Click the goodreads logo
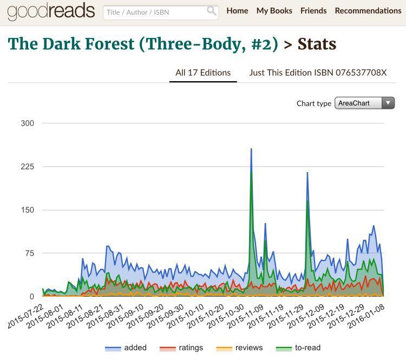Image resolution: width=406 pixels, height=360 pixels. (51, 11)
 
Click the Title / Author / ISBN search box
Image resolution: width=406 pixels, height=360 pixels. (154, 12)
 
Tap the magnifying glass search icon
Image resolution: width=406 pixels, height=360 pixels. (211, 11)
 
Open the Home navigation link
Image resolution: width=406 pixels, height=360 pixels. (237, 11)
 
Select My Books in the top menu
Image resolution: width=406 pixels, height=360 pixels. (274, 11)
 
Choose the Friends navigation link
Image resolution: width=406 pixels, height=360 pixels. (313, 11)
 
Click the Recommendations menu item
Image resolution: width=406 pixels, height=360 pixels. (368, 11)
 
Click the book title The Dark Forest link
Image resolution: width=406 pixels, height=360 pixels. (143, 44)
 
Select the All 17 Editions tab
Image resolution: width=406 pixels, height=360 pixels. (203, 73)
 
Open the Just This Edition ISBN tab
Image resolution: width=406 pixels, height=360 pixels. (318, 73)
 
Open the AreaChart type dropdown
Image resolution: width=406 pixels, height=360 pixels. (364, 103)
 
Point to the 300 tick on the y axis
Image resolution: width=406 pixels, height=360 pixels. (27, 123)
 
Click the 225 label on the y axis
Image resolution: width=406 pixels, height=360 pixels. (27, 167)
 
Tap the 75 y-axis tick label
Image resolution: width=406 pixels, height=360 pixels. (29, 253)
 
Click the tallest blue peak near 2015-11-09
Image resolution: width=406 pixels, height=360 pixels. (251, 149)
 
